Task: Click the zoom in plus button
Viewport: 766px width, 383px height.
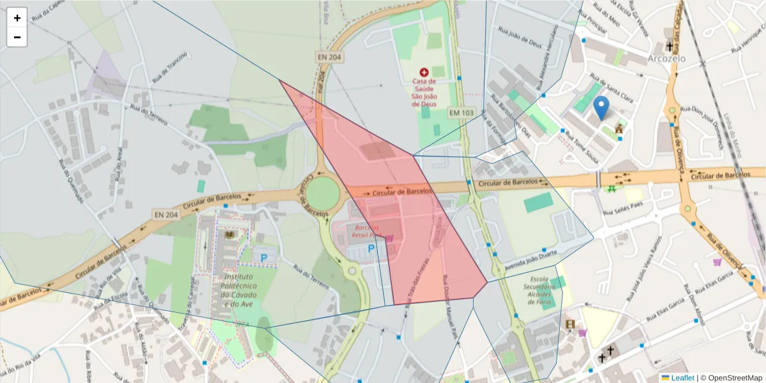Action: tap(17, 18)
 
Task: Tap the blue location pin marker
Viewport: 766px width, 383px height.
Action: tap(601, 108)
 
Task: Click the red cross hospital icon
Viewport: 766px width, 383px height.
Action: tap(424, 73)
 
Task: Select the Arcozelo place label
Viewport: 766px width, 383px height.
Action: tap(666, 58)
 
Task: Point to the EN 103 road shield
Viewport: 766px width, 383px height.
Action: tap(462, 112)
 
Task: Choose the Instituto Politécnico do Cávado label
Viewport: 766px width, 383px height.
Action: tap(238, 291)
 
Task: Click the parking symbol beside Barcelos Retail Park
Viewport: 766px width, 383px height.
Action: tap(371, 249)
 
